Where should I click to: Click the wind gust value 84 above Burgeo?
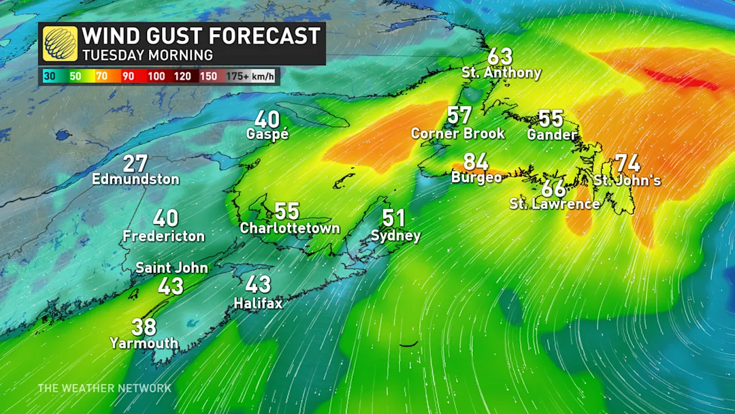(x=476, y=162)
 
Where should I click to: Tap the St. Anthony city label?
(x=501, y=73)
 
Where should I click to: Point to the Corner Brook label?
(x=458, y=133)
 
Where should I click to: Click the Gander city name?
(x=552, y=135)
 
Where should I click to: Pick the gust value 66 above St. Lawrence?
(x=554, y=189)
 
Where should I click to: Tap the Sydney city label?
(x=395, y=236)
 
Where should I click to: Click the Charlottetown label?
(x=290, y=229)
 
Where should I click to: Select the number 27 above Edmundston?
(x=136, y=164)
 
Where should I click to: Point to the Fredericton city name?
(x=164, y=236)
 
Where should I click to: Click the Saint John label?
(x=171, y=268)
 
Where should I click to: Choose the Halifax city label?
(x=258, y=303)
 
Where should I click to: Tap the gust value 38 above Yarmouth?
(x=144, y=328)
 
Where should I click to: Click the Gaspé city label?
(x=267, y=135)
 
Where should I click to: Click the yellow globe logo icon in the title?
(x=60, y=44)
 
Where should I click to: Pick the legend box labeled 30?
(x=50, y=76)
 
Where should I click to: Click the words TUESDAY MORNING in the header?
(x=148, y=54)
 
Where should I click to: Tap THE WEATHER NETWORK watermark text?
(x=104, y=388)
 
